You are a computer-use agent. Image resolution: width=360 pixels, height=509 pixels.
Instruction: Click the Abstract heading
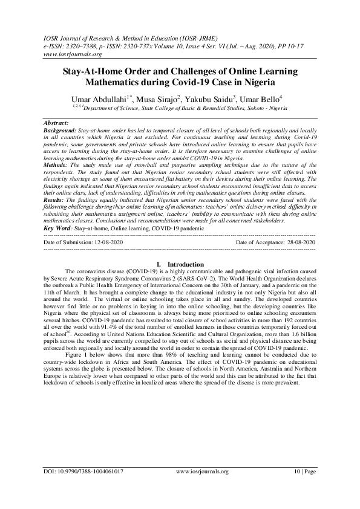pyautogui.click(x=61, y=122)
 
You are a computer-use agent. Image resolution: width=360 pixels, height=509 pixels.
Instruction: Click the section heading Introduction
pyautogui.click(x=185, y=264)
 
